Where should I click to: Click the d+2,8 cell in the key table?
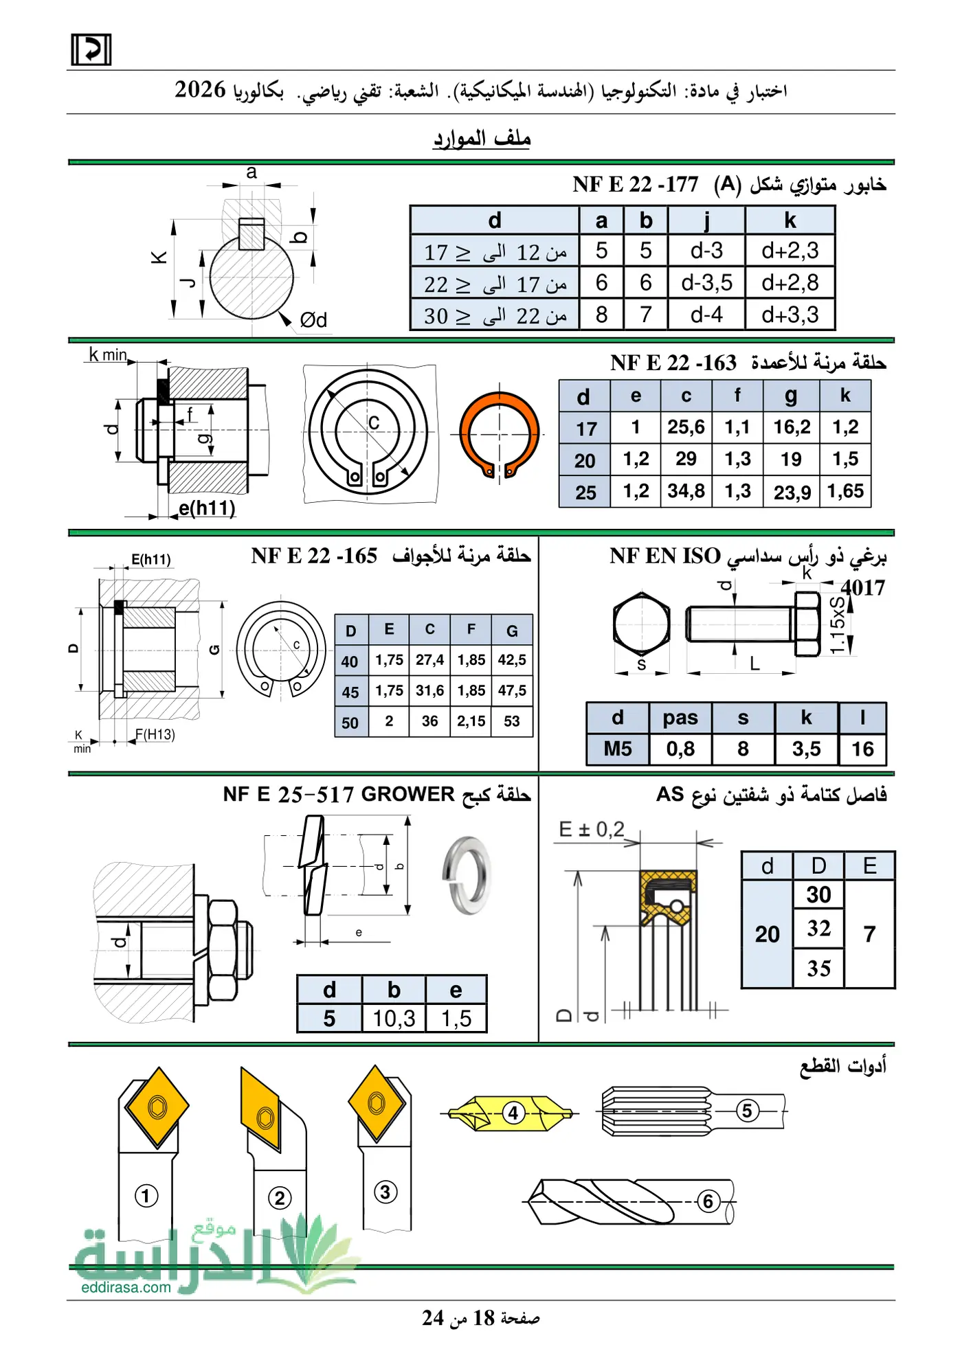coord(790,282)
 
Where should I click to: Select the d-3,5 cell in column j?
coord(706,282)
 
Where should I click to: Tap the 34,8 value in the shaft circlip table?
coord(686,491)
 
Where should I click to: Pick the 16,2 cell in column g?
coord(792,427)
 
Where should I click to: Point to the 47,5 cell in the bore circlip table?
coord(512,690)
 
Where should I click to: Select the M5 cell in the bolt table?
coord(618,749)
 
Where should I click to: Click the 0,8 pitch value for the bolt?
coord(680,749)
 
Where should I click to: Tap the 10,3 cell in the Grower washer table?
coord(394,1018)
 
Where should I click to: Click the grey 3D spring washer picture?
coord(466,874)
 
